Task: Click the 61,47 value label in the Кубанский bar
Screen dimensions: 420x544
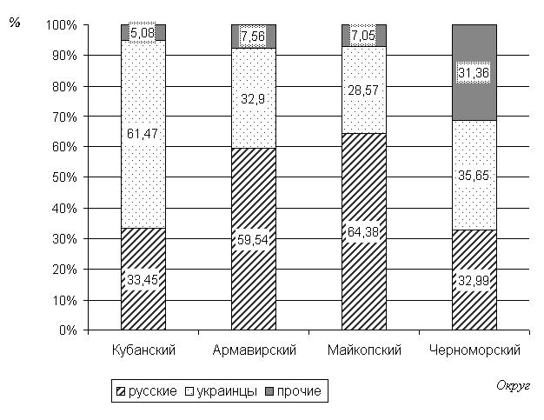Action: click(x=143, y=133)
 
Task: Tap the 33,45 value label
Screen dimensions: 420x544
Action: click(x=143, y=280)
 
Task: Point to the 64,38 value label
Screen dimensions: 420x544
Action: click(x=364, y=231)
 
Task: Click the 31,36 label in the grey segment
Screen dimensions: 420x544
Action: click(x=474, y=74)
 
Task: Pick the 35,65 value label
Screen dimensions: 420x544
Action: click(x=474, y=175)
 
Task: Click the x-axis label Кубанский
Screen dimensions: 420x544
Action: click(x=145, y=350)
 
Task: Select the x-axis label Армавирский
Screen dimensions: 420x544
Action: click(x=255, y=350)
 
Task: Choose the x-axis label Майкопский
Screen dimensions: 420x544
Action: click(x=364, y=350)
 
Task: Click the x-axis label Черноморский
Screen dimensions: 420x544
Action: click(x=474, y=350)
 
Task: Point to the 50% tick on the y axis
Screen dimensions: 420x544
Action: click(x=63, y=177)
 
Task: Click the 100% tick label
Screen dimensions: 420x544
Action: click(x=61, y=25)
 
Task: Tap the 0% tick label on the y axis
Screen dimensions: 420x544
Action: click(x=67, y=330)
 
